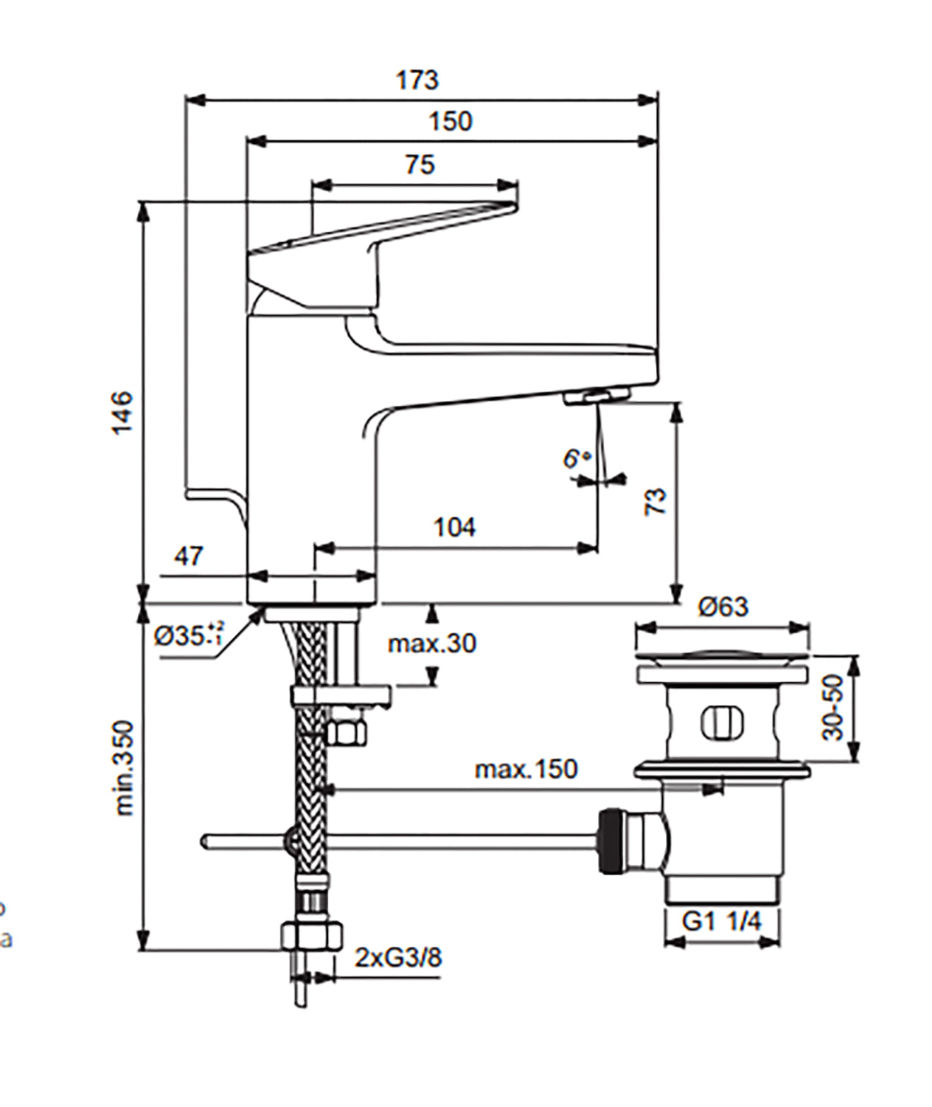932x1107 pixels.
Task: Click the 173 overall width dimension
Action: tap(417, 80)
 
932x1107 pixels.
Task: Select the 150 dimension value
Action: tap(451, 121)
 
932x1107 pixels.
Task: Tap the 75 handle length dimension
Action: tap(420, 164)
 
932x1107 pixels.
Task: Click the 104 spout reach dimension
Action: tap(454, 527)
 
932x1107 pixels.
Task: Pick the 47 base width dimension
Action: tap(189, 556)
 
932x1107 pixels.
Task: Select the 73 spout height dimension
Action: tap(655, 501)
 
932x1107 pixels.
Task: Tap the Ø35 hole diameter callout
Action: tap(188, 635)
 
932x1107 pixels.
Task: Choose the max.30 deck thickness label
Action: tap(432, 644)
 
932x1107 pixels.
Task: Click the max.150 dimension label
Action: tap(526, 769)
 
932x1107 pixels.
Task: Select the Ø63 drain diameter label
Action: tap(723, 607)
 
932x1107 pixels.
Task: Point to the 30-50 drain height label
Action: tap(833, 706)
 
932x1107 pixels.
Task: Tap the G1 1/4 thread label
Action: tap(721, 921)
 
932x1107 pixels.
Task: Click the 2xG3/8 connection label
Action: tap(398, 957)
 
